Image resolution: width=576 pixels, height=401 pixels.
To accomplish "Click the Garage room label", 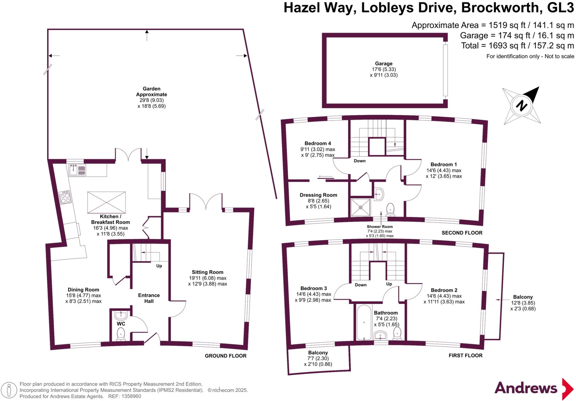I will (383, 64).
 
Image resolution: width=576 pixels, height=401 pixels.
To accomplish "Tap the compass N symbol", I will (521, 106).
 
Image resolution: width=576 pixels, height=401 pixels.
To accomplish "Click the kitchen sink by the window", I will (77, 170).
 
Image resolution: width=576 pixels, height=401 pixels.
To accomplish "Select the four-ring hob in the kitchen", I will (65, 197).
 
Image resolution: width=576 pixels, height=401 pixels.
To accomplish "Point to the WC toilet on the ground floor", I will (121, 334).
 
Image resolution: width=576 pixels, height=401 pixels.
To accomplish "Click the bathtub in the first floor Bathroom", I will (364, 323).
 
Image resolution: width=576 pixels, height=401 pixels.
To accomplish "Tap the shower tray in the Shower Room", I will (361, 208).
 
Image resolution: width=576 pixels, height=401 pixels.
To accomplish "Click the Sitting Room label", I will (208, 272).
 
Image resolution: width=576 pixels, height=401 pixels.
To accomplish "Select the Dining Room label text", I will (83, 290).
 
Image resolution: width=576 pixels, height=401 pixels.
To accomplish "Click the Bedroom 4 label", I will (318, 143).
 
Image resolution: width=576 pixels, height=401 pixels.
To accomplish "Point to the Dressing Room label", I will (318, 195).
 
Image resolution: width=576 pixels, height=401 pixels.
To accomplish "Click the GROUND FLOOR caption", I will (226, 356).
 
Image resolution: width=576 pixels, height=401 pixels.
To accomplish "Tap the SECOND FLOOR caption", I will (462, 233).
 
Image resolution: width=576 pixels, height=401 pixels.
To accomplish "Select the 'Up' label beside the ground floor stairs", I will (159, 266).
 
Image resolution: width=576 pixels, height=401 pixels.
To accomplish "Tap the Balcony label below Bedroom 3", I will (318, 353).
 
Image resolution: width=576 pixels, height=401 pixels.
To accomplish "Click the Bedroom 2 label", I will (444, 290).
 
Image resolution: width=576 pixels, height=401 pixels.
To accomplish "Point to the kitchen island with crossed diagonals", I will (106, 202).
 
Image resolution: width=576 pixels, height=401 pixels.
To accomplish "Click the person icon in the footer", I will (9, 390).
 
